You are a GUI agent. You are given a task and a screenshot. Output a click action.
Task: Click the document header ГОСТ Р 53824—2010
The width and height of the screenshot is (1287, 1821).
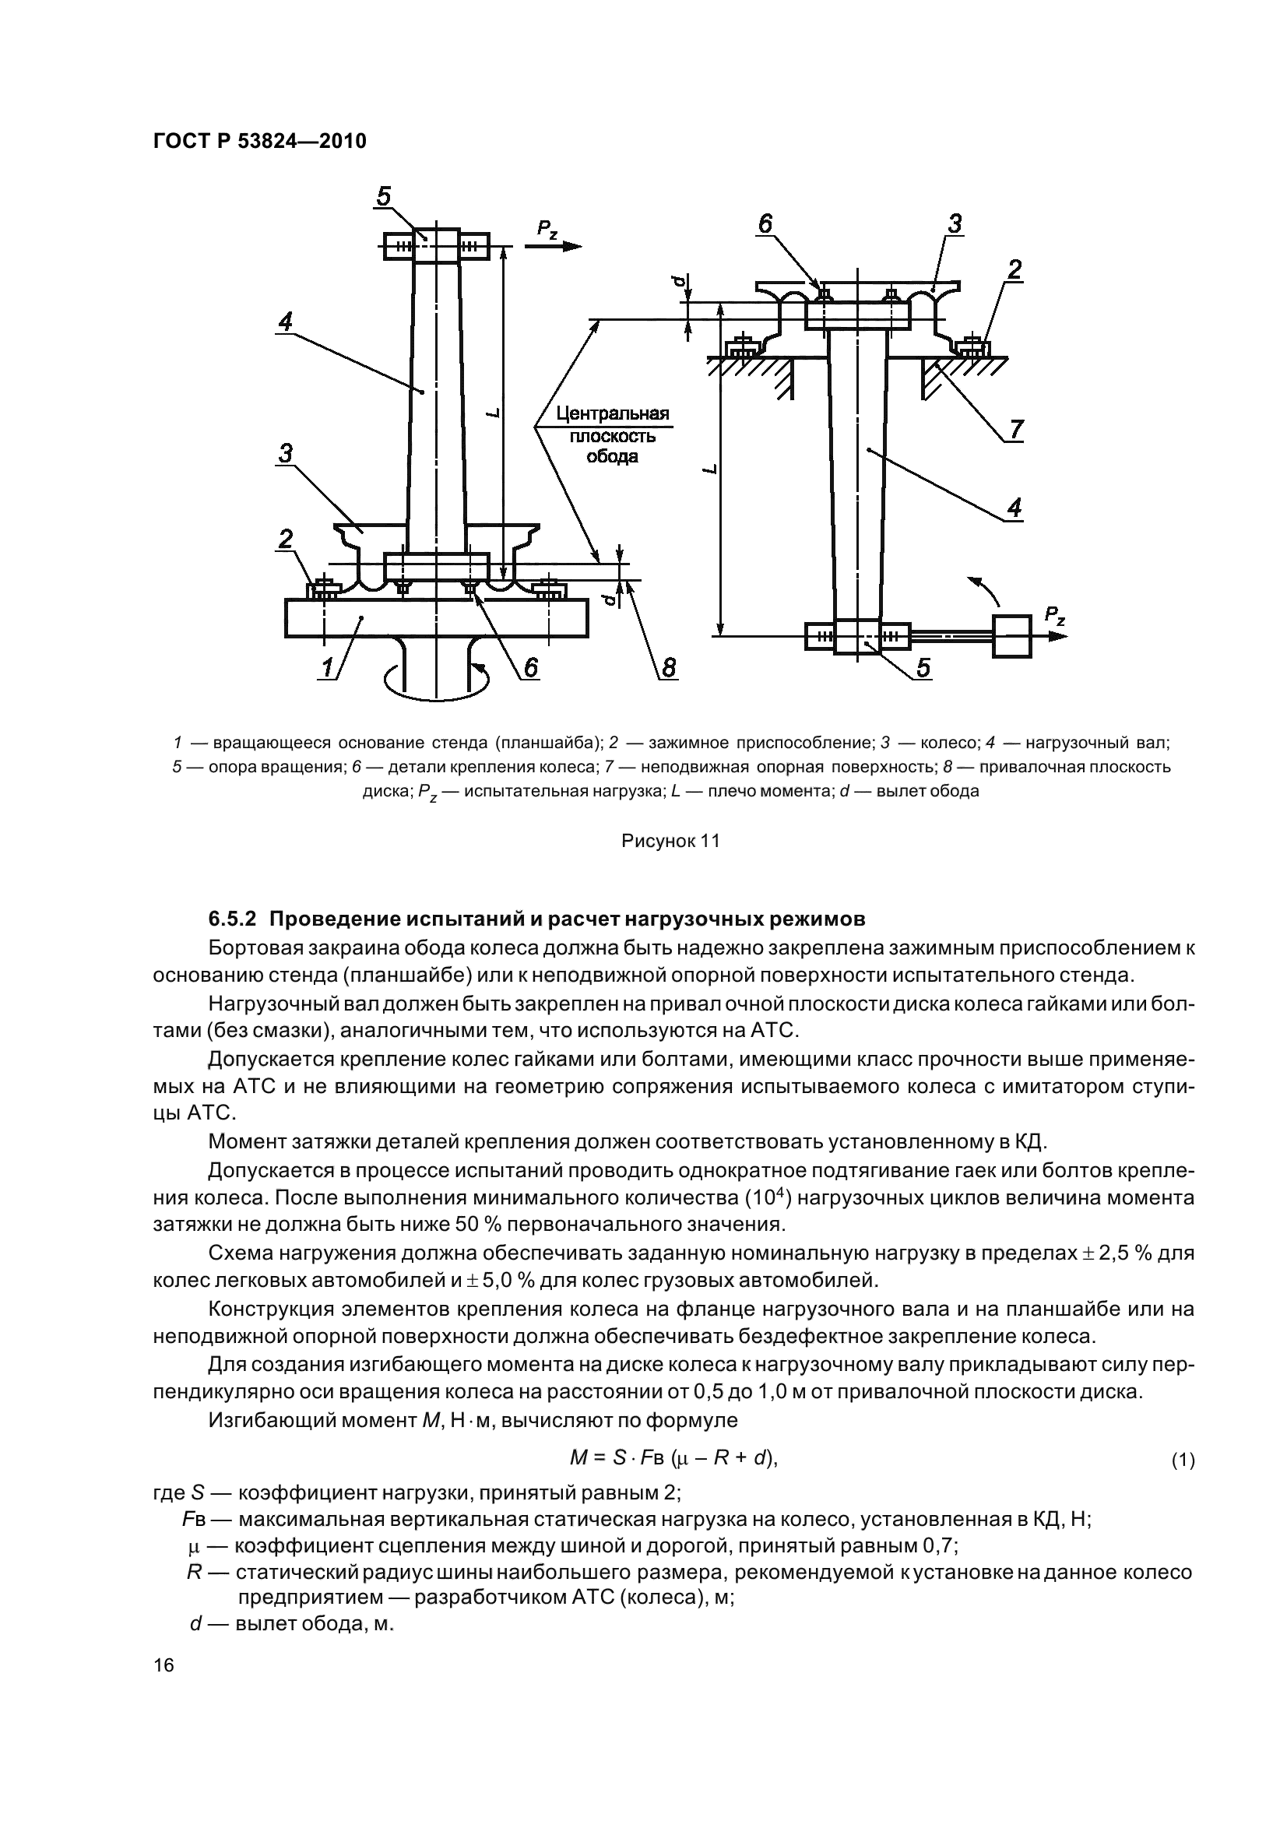(x=259, y=141)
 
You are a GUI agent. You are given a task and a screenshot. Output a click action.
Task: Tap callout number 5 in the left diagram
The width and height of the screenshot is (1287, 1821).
(x=384, y=196)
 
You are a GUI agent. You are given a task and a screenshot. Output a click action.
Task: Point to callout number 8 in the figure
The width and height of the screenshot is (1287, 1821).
(x=668, y=669)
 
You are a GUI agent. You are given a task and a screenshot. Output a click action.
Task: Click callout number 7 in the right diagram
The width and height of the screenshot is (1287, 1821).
(x=1016, y=429)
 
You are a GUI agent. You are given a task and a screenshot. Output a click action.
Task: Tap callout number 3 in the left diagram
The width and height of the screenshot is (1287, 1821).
(x=285, y=453)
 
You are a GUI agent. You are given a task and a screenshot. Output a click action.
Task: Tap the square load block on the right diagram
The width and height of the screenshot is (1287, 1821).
(x=1013, y=635)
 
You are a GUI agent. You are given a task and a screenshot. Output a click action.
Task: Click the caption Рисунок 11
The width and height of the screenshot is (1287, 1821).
(x=670, y=841)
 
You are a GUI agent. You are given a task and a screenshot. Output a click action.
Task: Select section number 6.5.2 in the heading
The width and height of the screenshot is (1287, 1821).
(x=234, y=919)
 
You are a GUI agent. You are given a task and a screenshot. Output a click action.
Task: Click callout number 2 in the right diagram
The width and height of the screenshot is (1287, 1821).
(x=1014, y=270)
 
